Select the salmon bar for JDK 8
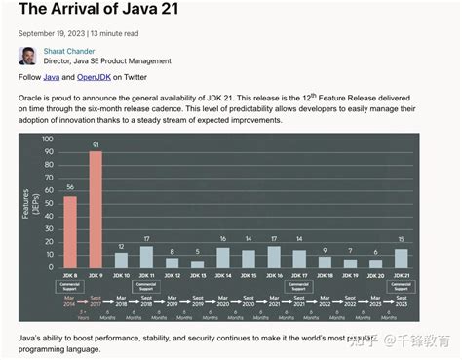click(x=70, y=231)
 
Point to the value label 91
click(x=96, y=145)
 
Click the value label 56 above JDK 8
click(x=70, y=187)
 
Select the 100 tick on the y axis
click(x=48, y=139)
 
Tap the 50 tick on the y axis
click(x=49, y=203)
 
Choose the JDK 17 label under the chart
click(x=299, y=277)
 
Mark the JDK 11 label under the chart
click(x=146, y=277)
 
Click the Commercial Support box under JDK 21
click(x=401, y=287)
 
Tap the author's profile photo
click(x=28, y=55)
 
